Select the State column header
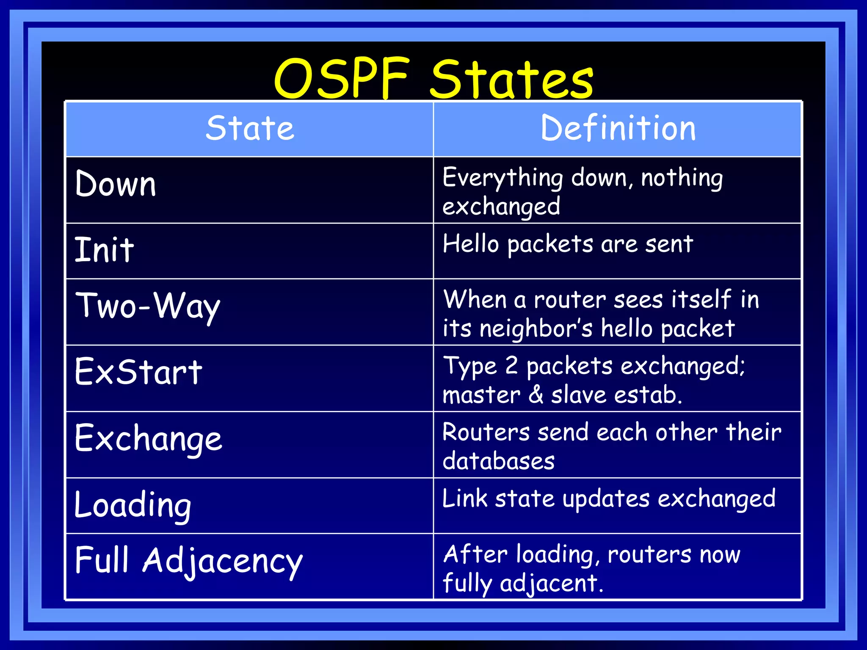click(250, 129)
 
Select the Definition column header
click(618, 129)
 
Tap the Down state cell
click(116, 185)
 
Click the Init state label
click(104, 250)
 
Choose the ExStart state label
click(138, 372)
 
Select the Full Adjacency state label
click(188, 561)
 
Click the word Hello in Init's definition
click(471, 244)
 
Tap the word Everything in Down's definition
click(503, 178)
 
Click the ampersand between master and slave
click(536, 394)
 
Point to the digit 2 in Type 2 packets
click(511, 366)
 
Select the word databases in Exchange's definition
click(498, 461)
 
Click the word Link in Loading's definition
click(464, 499)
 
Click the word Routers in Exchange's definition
click(486, 432)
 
